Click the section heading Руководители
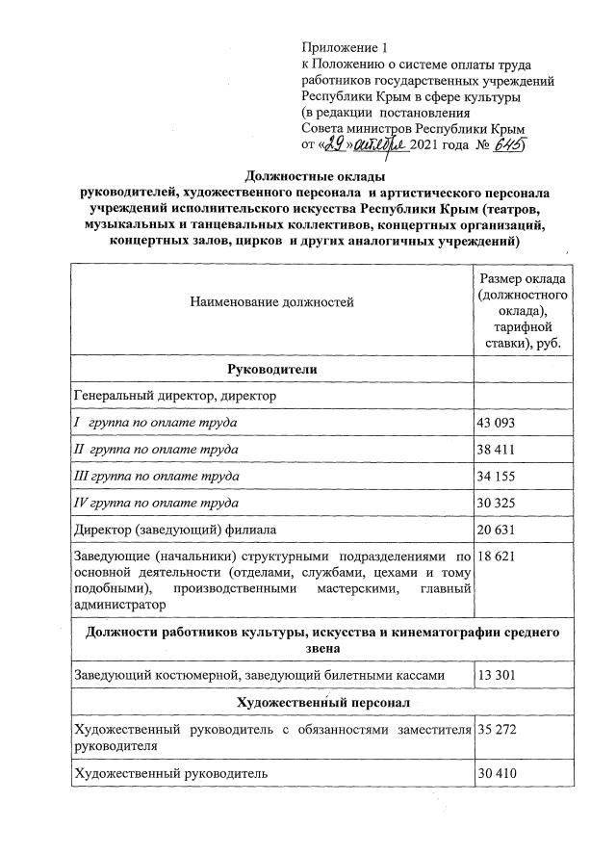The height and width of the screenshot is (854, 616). [x=272, y=371]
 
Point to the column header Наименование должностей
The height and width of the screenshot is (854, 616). [x=272, y=302]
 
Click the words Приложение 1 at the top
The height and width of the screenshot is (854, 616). [x=344, y=46]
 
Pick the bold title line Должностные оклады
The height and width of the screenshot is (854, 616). [x=316, y=177]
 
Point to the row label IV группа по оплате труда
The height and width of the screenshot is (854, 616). [x=157, y=503]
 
